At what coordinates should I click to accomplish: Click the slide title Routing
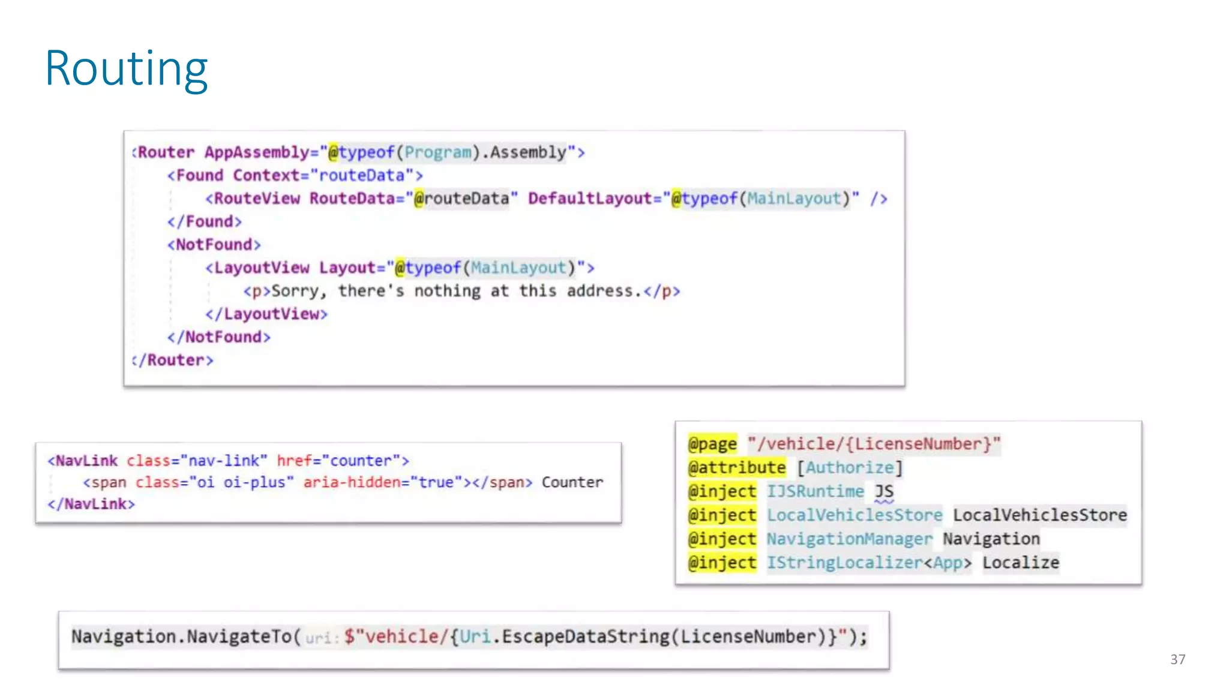[x=126, y=68]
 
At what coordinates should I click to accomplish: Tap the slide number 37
[x=1177, y=659]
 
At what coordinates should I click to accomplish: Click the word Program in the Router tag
[x=437, y=152]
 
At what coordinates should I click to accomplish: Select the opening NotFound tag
[x=214, y=245]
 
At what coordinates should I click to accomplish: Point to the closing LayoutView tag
[x=266, y=314]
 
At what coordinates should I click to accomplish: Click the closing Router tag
[x=173, y=360]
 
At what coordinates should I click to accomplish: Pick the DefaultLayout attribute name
[x=590, y=199]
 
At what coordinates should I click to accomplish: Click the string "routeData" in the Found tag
[x=362, y=176]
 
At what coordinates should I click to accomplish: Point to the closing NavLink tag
[x=91, y=504]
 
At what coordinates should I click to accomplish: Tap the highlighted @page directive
[x=712, y=444]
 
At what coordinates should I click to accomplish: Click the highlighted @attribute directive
[x=737, y=468]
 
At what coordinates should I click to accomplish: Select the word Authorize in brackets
[x=849, y=468]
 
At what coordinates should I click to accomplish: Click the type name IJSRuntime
[x=815, y=491]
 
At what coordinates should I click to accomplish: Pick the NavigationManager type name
[x=849, y=539]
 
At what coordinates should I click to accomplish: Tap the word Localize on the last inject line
[x=1020, y=563]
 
